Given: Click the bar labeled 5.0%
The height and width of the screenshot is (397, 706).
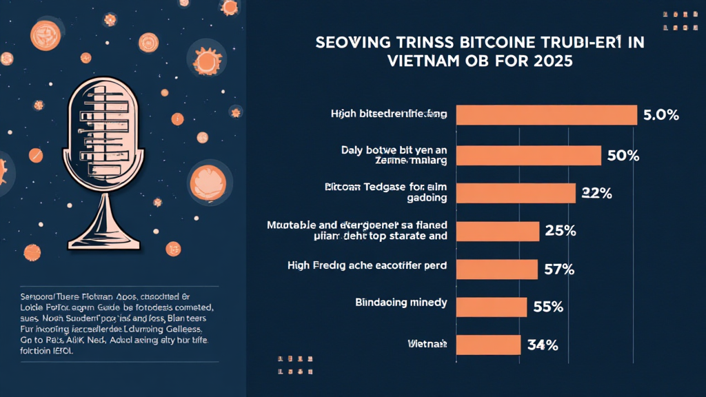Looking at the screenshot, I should (x=547, y=115).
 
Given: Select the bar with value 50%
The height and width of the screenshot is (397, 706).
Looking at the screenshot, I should (x=529, y=155).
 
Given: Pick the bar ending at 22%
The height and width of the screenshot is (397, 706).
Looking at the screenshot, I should (x=516, y=193).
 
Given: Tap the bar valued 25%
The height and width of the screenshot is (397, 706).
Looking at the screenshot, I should (x=498, y=232).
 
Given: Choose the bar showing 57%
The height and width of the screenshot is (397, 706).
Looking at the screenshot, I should (x=497, y=269).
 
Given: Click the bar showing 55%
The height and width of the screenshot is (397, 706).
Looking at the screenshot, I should (x=492, y=307).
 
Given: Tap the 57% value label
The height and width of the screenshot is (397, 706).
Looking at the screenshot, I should (x=558, y=269).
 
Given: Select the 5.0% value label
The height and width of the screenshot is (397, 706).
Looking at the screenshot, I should (x=660, y=115).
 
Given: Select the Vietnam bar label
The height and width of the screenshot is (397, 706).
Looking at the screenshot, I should (x=428, y=343).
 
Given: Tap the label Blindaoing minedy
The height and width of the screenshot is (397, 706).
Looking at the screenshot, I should (x=401, y=302).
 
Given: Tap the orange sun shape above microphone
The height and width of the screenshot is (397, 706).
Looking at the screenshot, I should (x=205, y=61).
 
